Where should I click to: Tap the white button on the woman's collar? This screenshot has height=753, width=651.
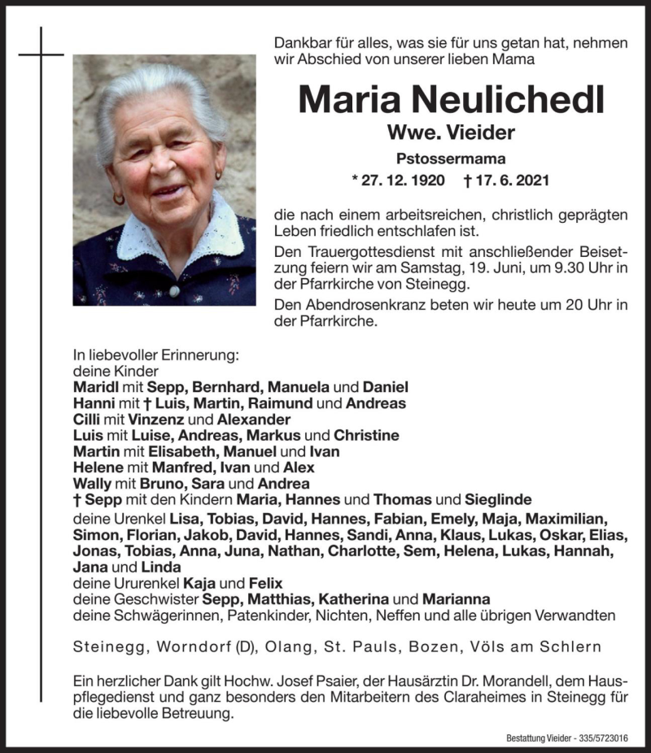click(173, 290)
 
